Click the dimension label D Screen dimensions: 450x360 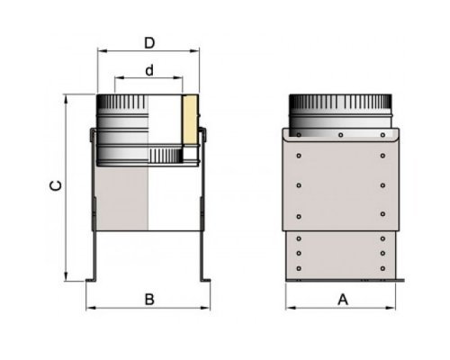(x=149, y=43)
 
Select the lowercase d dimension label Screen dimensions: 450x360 (x=149, y=70)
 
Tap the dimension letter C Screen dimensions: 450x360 (x=56, y=185)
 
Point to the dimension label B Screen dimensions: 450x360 (x=149, y=300)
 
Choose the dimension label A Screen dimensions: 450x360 (x=343, y=300)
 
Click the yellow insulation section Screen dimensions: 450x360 (x=190, y=120)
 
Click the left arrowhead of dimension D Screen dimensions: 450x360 (x=103, y=51)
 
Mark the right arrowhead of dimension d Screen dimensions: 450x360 (x=178, y=78)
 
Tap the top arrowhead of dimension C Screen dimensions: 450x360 (x=67, y=99)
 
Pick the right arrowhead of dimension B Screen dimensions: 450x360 (x=205, y=308)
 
